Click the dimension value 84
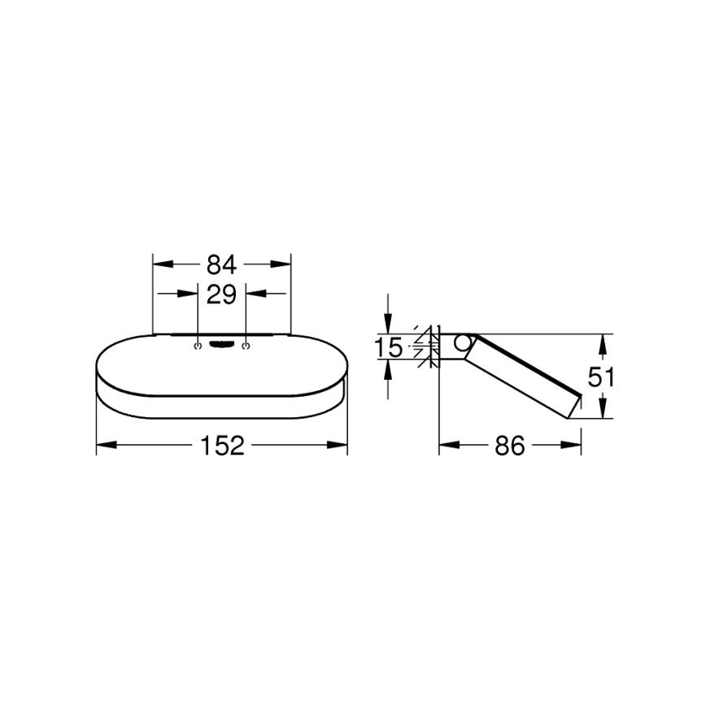[221, 264]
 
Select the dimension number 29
[221, 294]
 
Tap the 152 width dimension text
[221, 445]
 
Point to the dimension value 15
[389, 348]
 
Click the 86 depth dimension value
[510, 445]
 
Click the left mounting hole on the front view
[197, 346]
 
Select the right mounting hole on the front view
[246, 346]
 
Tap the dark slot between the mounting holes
[221, 346]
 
